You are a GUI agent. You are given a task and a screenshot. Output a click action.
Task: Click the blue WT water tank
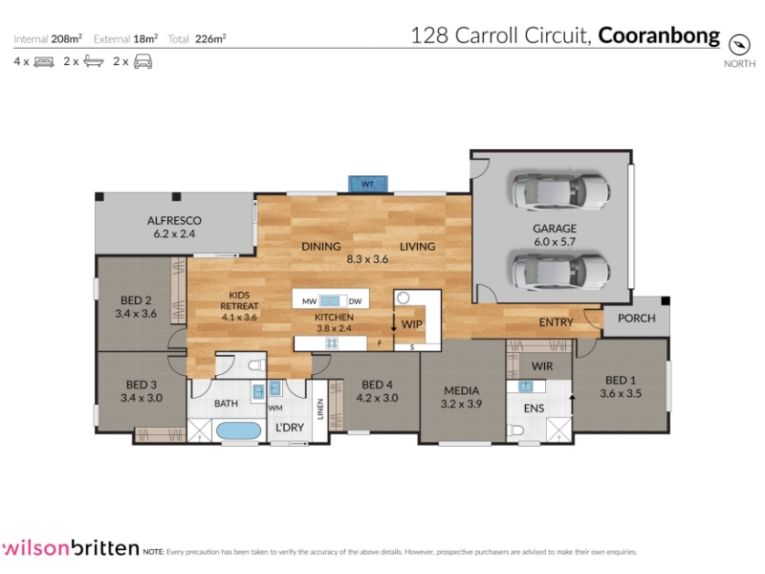coord(368,184)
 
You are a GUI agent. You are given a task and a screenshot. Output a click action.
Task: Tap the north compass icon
coord(738,45)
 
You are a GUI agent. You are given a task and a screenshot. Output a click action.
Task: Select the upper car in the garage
coord(560,190)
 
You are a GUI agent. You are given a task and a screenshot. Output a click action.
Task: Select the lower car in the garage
coord(560,271)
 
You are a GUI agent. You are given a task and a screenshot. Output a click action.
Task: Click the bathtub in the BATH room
coord(238,430)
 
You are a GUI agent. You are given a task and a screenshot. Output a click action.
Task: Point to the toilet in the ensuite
coord(515,430)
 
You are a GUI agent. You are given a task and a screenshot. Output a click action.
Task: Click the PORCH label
coord(636,319)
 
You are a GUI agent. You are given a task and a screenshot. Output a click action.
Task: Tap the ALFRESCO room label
coord(174,221)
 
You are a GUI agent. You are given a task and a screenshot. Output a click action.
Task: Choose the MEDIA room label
coord(462,390)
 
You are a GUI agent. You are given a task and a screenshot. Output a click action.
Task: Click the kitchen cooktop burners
coord(332,343)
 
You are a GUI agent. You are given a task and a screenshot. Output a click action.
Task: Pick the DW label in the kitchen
coord(355,301)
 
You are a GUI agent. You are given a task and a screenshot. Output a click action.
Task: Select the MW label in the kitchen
coord(309,301)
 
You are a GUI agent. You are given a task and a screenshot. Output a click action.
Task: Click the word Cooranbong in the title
coord(659,36)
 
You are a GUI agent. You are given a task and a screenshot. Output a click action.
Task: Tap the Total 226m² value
coord(210,39)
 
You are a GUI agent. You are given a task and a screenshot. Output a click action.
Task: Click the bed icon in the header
coord(44,62)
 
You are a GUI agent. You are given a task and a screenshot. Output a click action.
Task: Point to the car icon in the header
coord(142,61)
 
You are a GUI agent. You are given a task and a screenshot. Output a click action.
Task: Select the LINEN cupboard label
coord(320,409)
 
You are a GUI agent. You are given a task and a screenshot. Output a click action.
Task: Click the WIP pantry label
coord(412,324)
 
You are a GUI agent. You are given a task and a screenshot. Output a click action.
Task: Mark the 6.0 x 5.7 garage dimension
coord(555,242)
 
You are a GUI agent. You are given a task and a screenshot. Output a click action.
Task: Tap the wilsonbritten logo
coord(71,548)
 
